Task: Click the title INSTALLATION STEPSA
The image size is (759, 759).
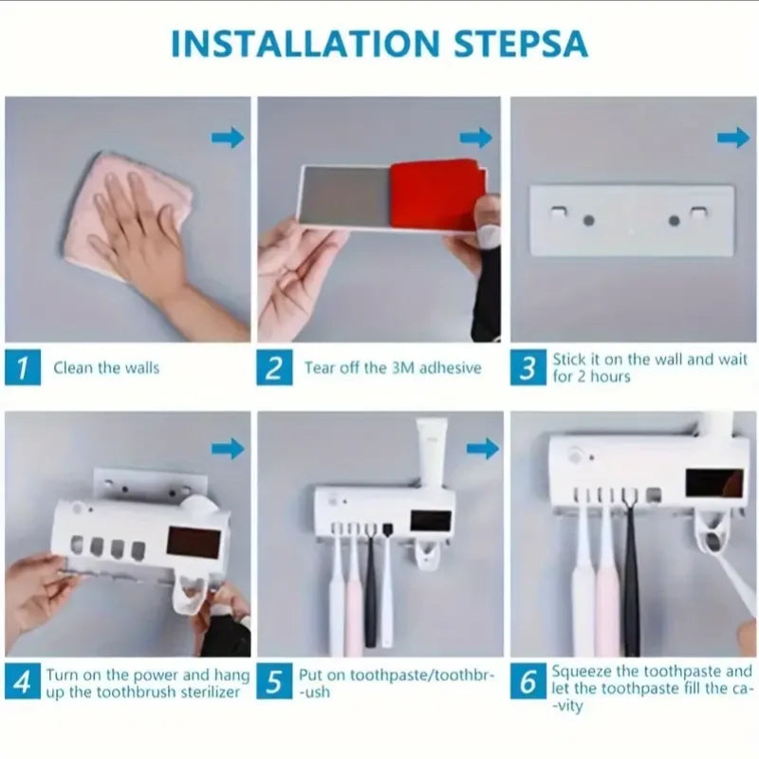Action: click(379, 45)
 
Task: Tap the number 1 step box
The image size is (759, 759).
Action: click(24, 367)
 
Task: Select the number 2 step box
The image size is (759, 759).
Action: click(274, 367)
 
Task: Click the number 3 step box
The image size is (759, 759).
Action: click(528, 367)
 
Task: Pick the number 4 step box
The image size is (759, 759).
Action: click(24, 681)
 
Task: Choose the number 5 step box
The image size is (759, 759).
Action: click(274, 681)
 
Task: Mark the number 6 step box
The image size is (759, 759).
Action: click(528, 681)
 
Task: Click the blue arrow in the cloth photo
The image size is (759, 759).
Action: click(228, 139)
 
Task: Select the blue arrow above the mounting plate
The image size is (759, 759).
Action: click(733, 139)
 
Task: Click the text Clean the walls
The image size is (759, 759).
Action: click(106, 368)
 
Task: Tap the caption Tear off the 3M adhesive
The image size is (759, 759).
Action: click(392, 368)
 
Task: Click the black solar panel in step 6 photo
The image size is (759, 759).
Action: click(714, 482)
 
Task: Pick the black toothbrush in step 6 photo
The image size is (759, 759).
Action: click(631, 579)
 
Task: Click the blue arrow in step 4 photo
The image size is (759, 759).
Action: click(228, 449)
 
